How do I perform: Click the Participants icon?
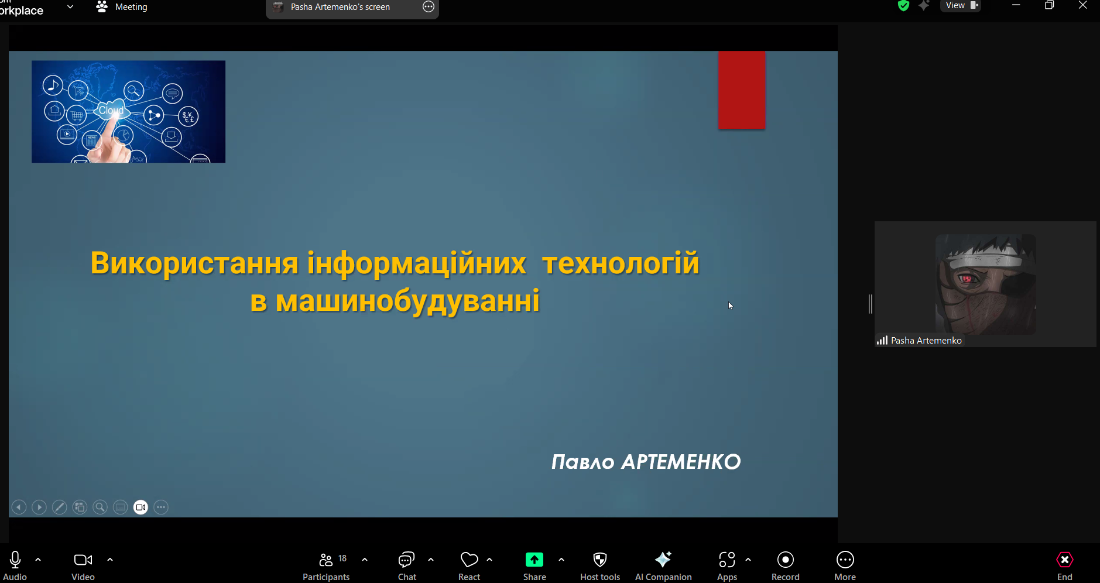[326, 560]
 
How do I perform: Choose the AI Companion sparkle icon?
[663, 560]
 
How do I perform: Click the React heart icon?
[470, 560]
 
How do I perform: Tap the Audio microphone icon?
[15, 560]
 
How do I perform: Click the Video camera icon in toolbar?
[83, 560]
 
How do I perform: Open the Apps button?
[727, 560]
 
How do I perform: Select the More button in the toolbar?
[845, 560]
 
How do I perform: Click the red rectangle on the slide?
[742, 90]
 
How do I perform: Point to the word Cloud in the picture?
[111, 110]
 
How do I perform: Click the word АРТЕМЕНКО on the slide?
[681, 462]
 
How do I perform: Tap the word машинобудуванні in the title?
[407, 301]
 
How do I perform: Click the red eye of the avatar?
[967, 278]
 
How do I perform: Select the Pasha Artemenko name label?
[926, 341]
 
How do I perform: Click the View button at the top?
[961, 6]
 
